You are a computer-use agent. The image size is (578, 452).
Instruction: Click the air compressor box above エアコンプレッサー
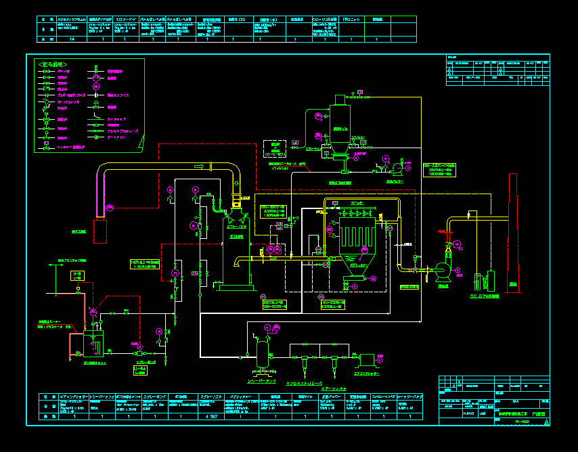click(x=368, y=359)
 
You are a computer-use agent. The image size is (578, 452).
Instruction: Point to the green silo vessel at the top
click(x=338, y=122)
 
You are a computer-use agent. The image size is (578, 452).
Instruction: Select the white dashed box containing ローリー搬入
click(x=275, y=149)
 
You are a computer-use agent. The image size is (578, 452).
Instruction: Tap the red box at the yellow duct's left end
click(x=102, y=231)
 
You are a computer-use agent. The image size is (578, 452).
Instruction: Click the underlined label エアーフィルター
click(x=334, y=388)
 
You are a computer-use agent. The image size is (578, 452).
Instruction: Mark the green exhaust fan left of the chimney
click(x=444, y=268)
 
